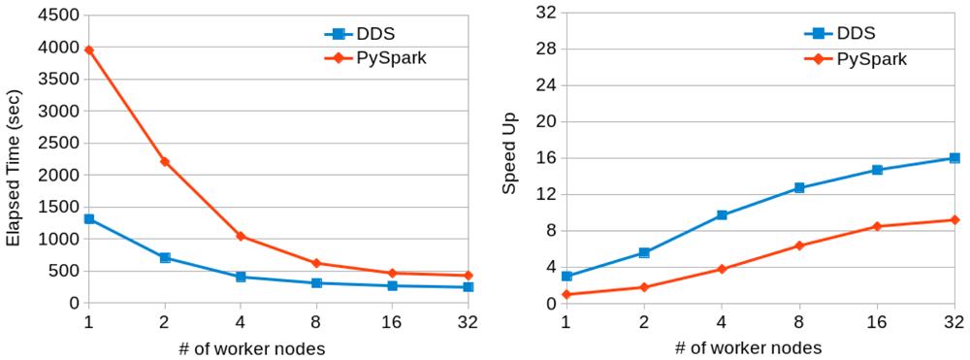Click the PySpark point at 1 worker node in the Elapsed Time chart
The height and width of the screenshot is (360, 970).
click(88, 50)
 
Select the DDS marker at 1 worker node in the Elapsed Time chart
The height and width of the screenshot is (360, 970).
click(88, 219)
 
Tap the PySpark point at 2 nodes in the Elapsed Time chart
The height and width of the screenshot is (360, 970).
click(165, 161)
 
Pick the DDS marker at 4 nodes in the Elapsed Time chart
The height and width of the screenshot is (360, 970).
click(241, 277)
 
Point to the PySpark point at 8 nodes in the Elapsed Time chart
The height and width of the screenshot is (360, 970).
click(317, 263)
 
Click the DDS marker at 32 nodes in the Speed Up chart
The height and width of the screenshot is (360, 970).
click(954, 158)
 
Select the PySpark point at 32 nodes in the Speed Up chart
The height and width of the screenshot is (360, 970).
click(954, 219)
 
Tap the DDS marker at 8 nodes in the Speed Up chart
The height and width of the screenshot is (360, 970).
click(799, 187)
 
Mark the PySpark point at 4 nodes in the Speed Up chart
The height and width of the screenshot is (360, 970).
click(722, 269)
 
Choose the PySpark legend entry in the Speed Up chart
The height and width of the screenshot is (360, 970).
click(855, 59)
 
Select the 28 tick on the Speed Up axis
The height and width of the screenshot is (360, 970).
click(549, 49)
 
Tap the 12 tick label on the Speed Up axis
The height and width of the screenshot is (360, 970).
click(549, 194)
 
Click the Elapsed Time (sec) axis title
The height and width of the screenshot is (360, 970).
click(15, 168)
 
